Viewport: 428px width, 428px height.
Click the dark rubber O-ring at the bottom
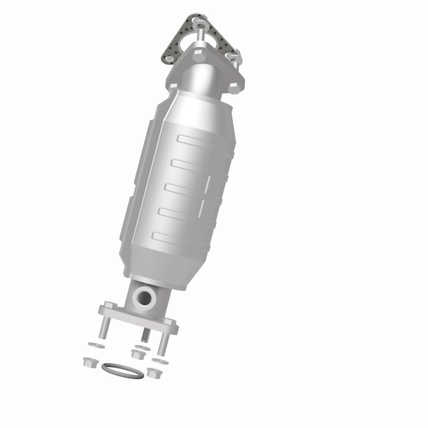[123, 370]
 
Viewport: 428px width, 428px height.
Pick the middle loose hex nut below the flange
[136, 354]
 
